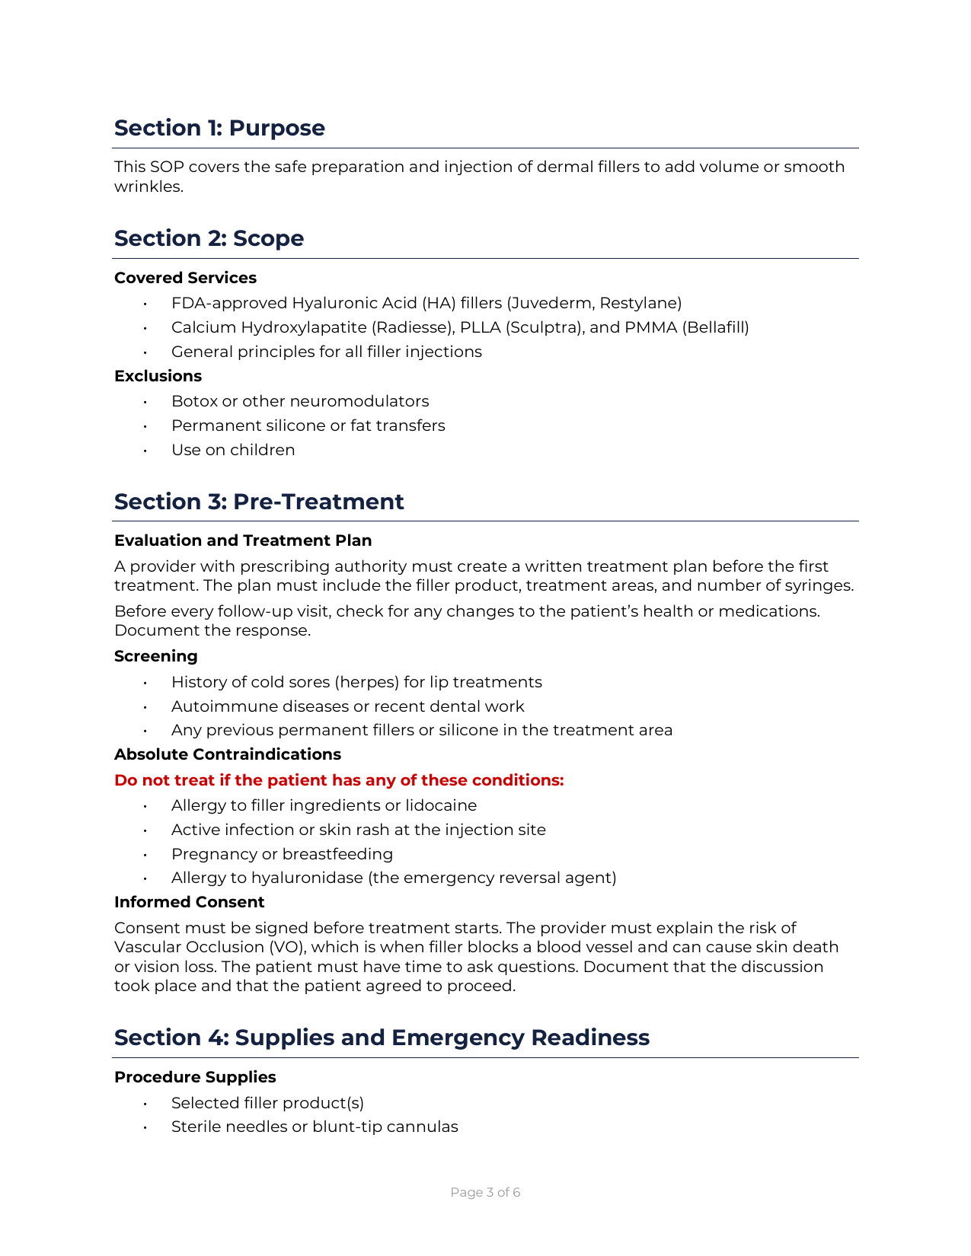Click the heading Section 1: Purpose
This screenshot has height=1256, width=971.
pyautogui.click(x=219, y=128)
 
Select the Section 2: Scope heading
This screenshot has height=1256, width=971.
pyautogui.click(x=209, y=238)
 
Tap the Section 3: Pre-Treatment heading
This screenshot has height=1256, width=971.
pyautogui.click(x=259, y=502)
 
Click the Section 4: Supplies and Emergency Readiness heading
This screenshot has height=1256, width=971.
pyautogui.click(x=382, y=1038)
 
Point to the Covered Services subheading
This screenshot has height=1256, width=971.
pyautogui.click(x=185, y=278)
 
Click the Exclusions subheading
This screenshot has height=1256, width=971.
pyautogui.click(x=158, y=376)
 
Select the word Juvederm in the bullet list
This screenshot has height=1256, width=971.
pyautogui.click(x=551, y=303)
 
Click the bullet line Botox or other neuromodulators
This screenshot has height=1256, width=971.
pyautogui.click(x=300, y=401)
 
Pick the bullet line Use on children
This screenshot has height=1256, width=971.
pyautogui.click(x=233, y=450)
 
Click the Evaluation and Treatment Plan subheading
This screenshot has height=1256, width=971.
pyautogui.click(x=243, y=540)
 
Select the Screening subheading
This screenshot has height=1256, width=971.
pyautogui.click(x=155, y=656)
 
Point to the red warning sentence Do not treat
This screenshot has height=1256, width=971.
pyautogui.click(x=339, y=780)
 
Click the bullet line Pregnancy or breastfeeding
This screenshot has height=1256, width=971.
pyautogui.click(x=282, y=854)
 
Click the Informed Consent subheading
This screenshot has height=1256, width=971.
pyautogui.click(x=189, y=902)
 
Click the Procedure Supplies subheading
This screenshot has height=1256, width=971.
pyautogui.click(x=195, y=1077)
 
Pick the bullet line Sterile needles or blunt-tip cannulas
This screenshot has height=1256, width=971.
pyautogui.click(x=315, y=1127)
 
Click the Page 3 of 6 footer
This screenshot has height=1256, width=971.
pyautogui.click(x=485, y=1192)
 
